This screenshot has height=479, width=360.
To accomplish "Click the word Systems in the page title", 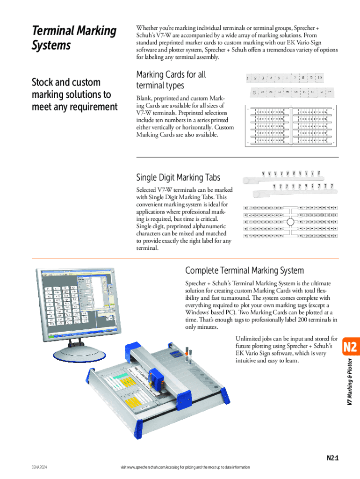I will tap(51, 46).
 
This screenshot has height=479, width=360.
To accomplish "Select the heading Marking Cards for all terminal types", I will tap(171, 80).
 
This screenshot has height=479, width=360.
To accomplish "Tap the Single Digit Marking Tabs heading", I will tap(178, 177).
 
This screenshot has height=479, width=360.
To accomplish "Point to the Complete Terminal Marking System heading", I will tap(245, 270).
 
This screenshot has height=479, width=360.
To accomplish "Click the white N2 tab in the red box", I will tap(350, 347).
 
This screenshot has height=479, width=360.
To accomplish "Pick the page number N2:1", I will tap(332, 458).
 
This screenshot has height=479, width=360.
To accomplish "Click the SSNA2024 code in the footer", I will tap(40, 467).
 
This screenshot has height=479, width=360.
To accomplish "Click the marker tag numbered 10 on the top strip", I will tap(319, 77).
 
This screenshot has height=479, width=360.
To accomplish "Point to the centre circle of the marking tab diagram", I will tap(290, 221).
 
